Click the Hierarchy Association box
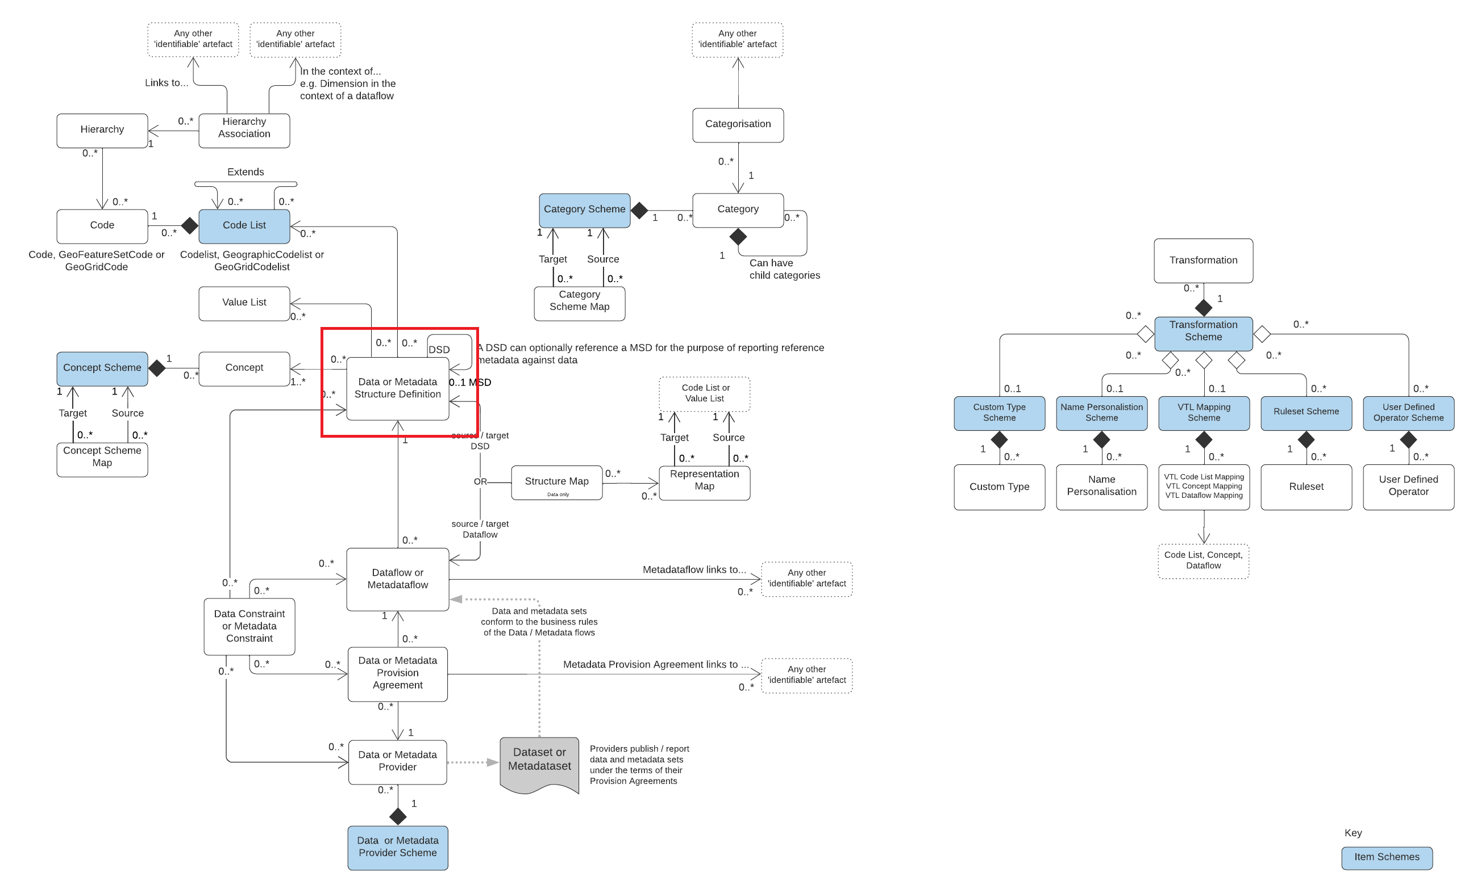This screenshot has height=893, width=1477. (244, 130)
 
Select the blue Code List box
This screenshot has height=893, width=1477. (244, 226)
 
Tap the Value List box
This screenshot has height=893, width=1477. (244, 303)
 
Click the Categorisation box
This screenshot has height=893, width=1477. (738, 124)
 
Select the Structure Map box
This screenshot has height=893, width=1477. (556, 482)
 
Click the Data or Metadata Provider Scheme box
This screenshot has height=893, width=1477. (397, 848)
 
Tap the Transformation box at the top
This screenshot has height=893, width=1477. (1203, 261)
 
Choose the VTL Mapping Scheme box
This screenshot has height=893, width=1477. (1204, 413)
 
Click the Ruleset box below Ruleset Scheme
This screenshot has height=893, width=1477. (1306, 487)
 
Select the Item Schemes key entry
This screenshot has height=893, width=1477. (1387, 858)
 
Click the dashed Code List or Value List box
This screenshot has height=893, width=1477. (704, 393)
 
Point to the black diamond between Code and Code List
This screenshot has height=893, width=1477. (189, 226)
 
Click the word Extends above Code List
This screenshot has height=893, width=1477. (245, 172)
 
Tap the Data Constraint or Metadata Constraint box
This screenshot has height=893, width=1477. (249, 627)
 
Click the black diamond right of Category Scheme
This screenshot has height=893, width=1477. (639, 210)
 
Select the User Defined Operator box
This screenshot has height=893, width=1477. (1408, 487)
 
